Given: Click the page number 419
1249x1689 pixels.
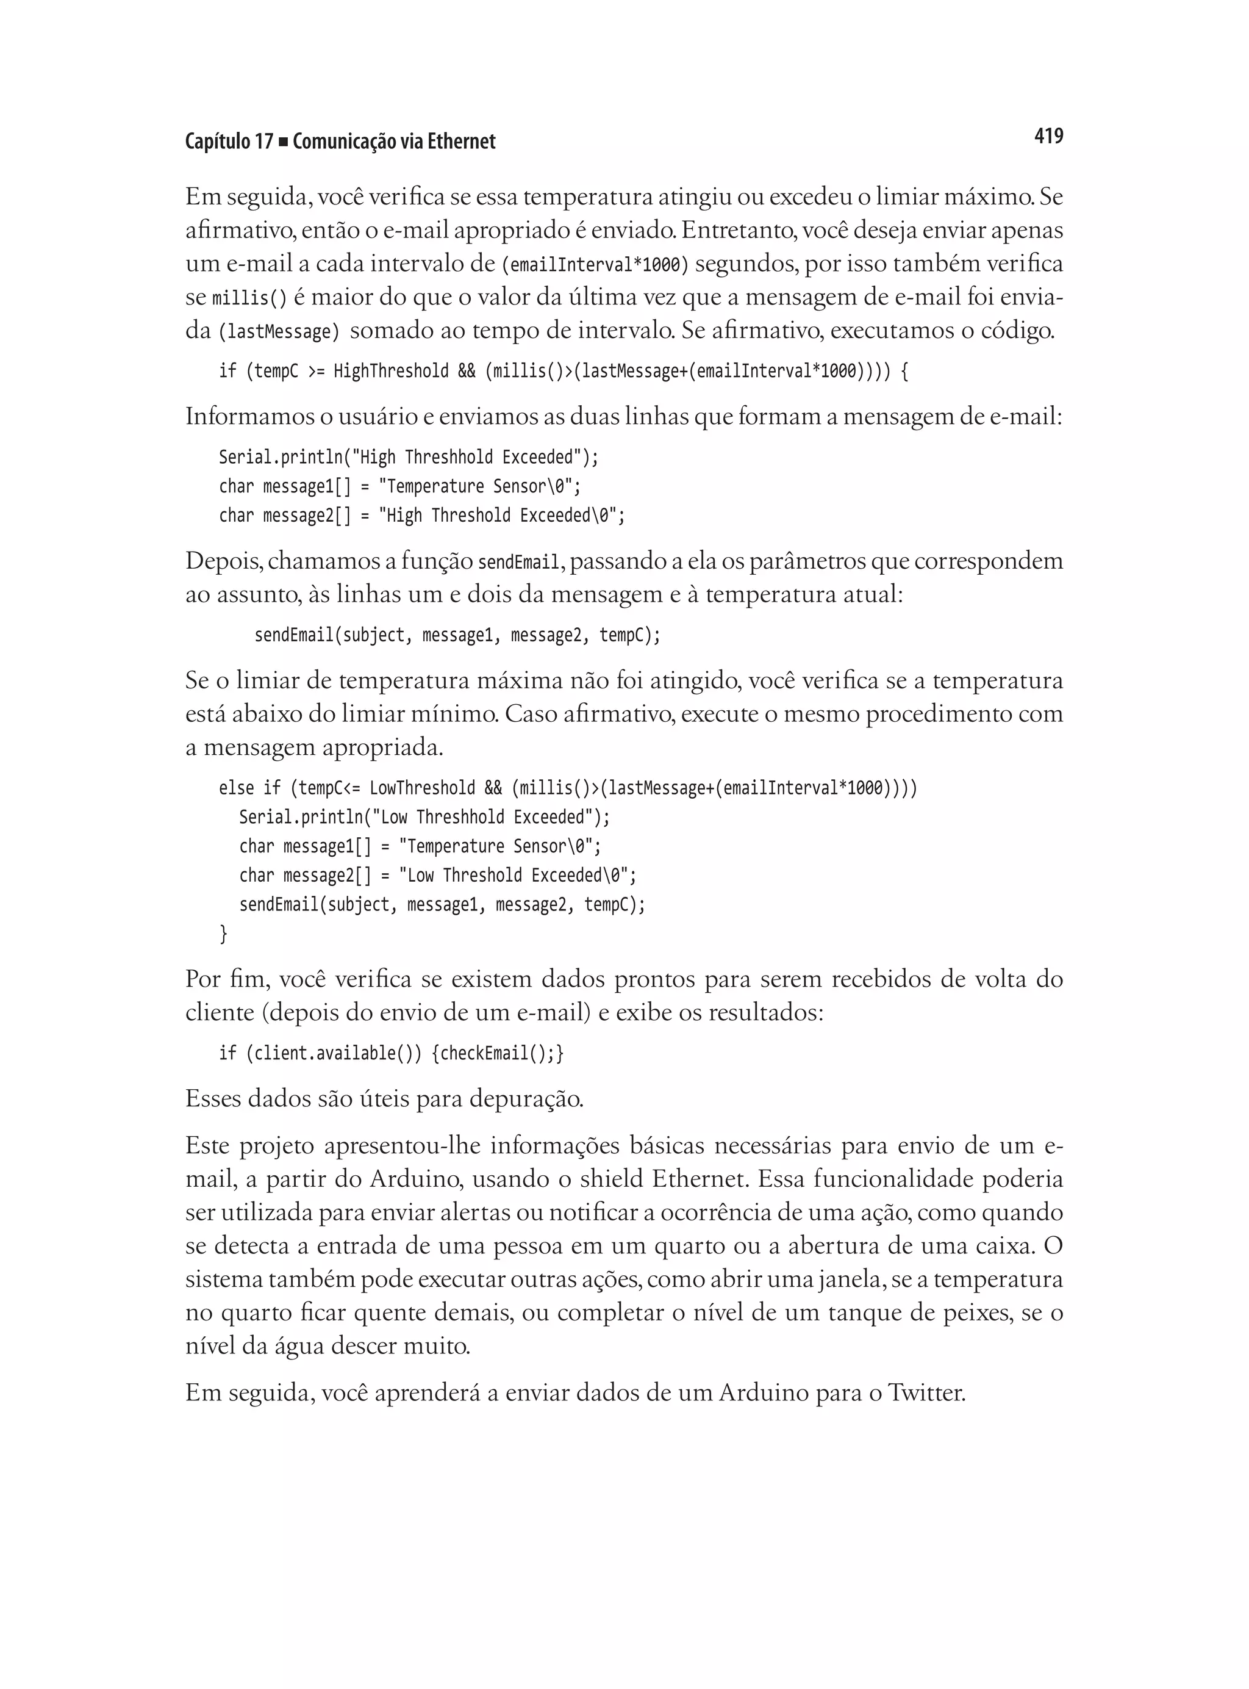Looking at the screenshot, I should (1048, 136).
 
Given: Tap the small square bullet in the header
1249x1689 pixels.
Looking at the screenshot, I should (283, 142).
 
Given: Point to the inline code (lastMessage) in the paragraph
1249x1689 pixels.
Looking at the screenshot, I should (279, 332).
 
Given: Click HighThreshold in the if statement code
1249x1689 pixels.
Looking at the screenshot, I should (391, 372).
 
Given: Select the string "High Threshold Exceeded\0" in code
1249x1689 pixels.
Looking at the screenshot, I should (501, 516).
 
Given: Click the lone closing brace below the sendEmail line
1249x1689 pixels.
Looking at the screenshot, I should (223, 934).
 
